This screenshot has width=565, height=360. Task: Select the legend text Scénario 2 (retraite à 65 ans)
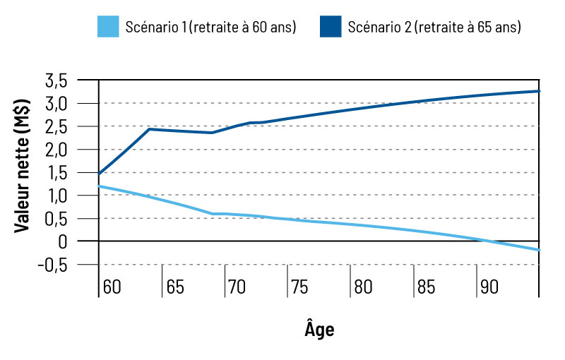click(434, 28)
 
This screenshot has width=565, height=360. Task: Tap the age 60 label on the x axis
click(112, 287)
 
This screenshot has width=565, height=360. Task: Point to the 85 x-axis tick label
click(426, 287)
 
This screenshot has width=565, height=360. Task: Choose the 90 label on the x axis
click(489, 287)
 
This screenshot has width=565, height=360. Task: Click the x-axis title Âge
click(319, 330)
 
